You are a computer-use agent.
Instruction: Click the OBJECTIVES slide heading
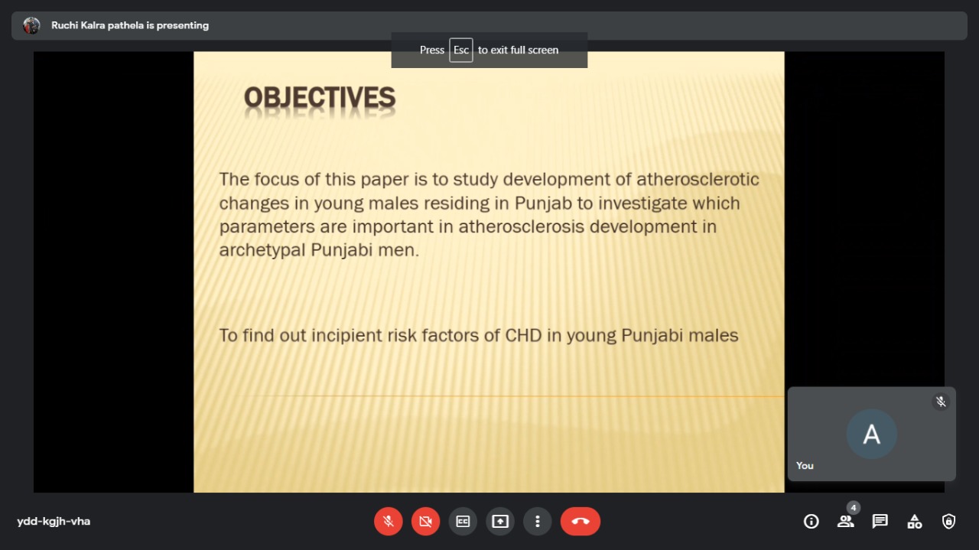[320, 97]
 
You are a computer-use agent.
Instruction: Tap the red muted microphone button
[388, 521]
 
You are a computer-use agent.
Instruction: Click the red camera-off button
[426, 521]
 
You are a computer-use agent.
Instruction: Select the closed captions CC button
[463, 521]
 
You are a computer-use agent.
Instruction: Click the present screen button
[500, 521]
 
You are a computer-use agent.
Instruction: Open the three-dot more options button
[538, 521]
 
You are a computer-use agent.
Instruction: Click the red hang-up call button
[581, 521]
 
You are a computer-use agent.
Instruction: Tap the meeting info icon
[811, 521]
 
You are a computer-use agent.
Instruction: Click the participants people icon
[846, 521]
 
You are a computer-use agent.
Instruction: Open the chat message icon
[880, 521]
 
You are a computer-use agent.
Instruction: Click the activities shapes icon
[914, 521]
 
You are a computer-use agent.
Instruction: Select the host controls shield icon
[948, 521]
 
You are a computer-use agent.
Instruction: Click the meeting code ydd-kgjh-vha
[54, 521]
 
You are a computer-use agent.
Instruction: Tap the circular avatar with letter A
[871, 434]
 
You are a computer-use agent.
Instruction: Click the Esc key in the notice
[461, 50]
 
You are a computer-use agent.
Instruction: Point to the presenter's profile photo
[31, 25]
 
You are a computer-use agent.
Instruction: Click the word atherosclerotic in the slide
[698, 179]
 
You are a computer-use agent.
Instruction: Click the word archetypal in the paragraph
[262, 250]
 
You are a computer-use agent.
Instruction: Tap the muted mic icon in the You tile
[941, 402]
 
